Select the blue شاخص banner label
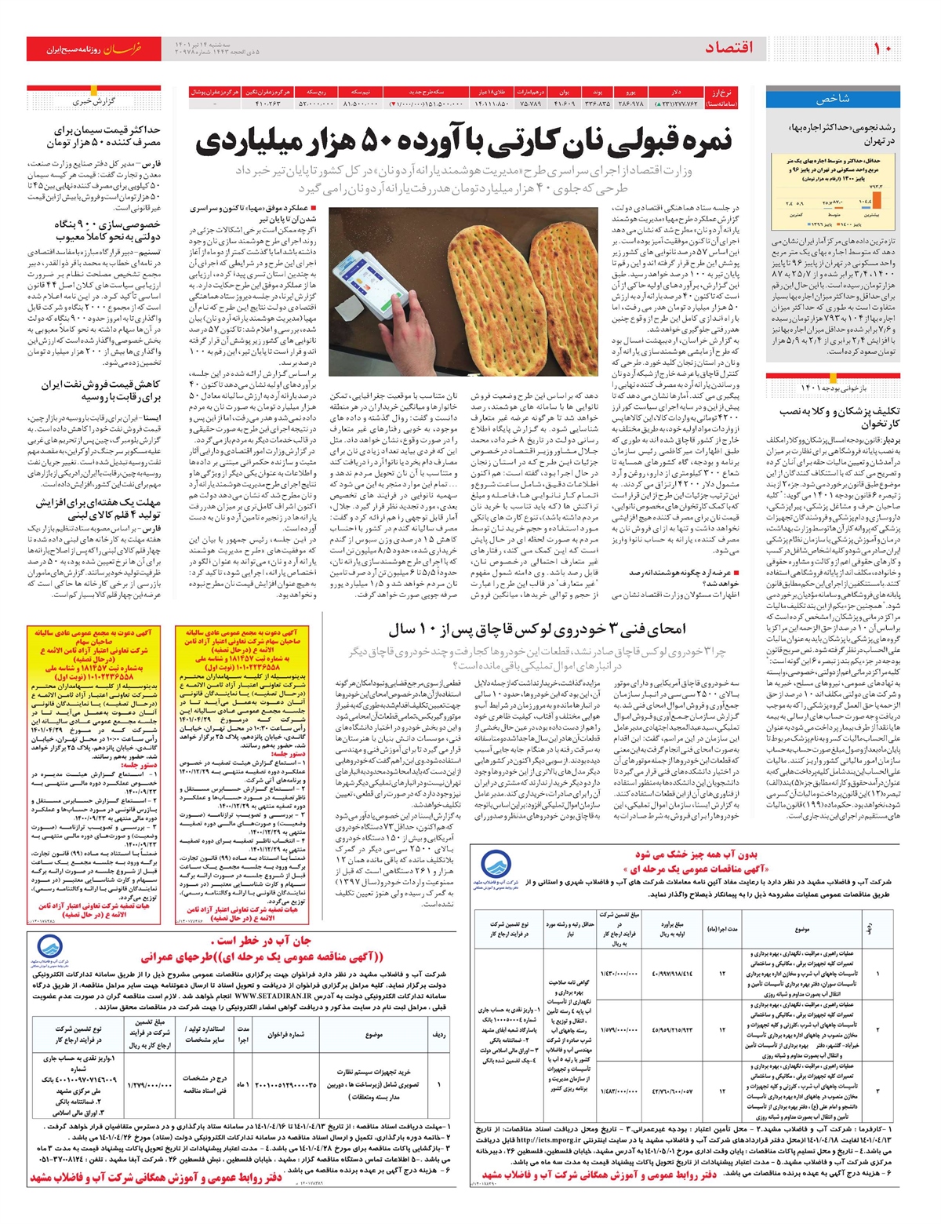(832, 100)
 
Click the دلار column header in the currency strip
(676, 92)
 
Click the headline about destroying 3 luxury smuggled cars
(537, 628)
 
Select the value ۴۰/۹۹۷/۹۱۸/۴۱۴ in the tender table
(672, 974)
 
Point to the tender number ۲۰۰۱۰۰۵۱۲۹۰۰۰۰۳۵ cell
(285, 1085)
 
